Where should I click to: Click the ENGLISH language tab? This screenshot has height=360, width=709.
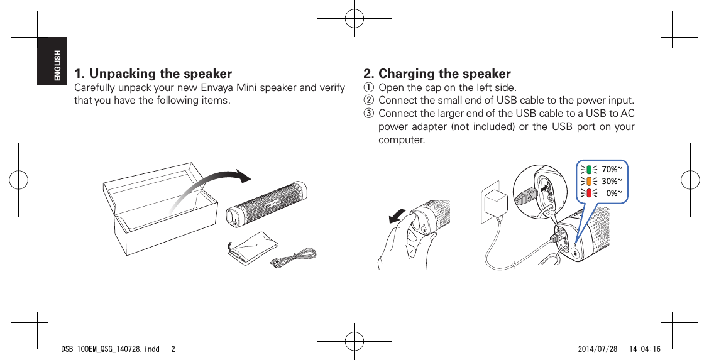tap(57, 65)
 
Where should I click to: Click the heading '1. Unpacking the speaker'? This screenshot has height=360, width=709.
tap(153, 74)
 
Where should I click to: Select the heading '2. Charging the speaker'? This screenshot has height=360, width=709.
tap(437, 74)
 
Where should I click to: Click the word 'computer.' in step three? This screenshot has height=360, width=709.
tap(401, 139)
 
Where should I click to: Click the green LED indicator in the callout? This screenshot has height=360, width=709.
tap(588, 169)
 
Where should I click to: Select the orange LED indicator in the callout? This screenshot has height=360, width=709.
tap(588, 181)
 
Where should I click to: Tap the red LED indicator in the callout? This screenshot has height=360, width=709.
tap(588, 193)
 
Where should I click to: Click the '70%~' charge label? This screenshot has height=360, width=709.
tap(612, 169)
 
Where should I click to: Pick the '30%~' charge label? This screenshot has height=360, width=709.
tap(612, 181)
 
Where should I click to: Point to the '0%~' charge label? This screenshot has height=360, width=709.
tap(613, 193)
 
